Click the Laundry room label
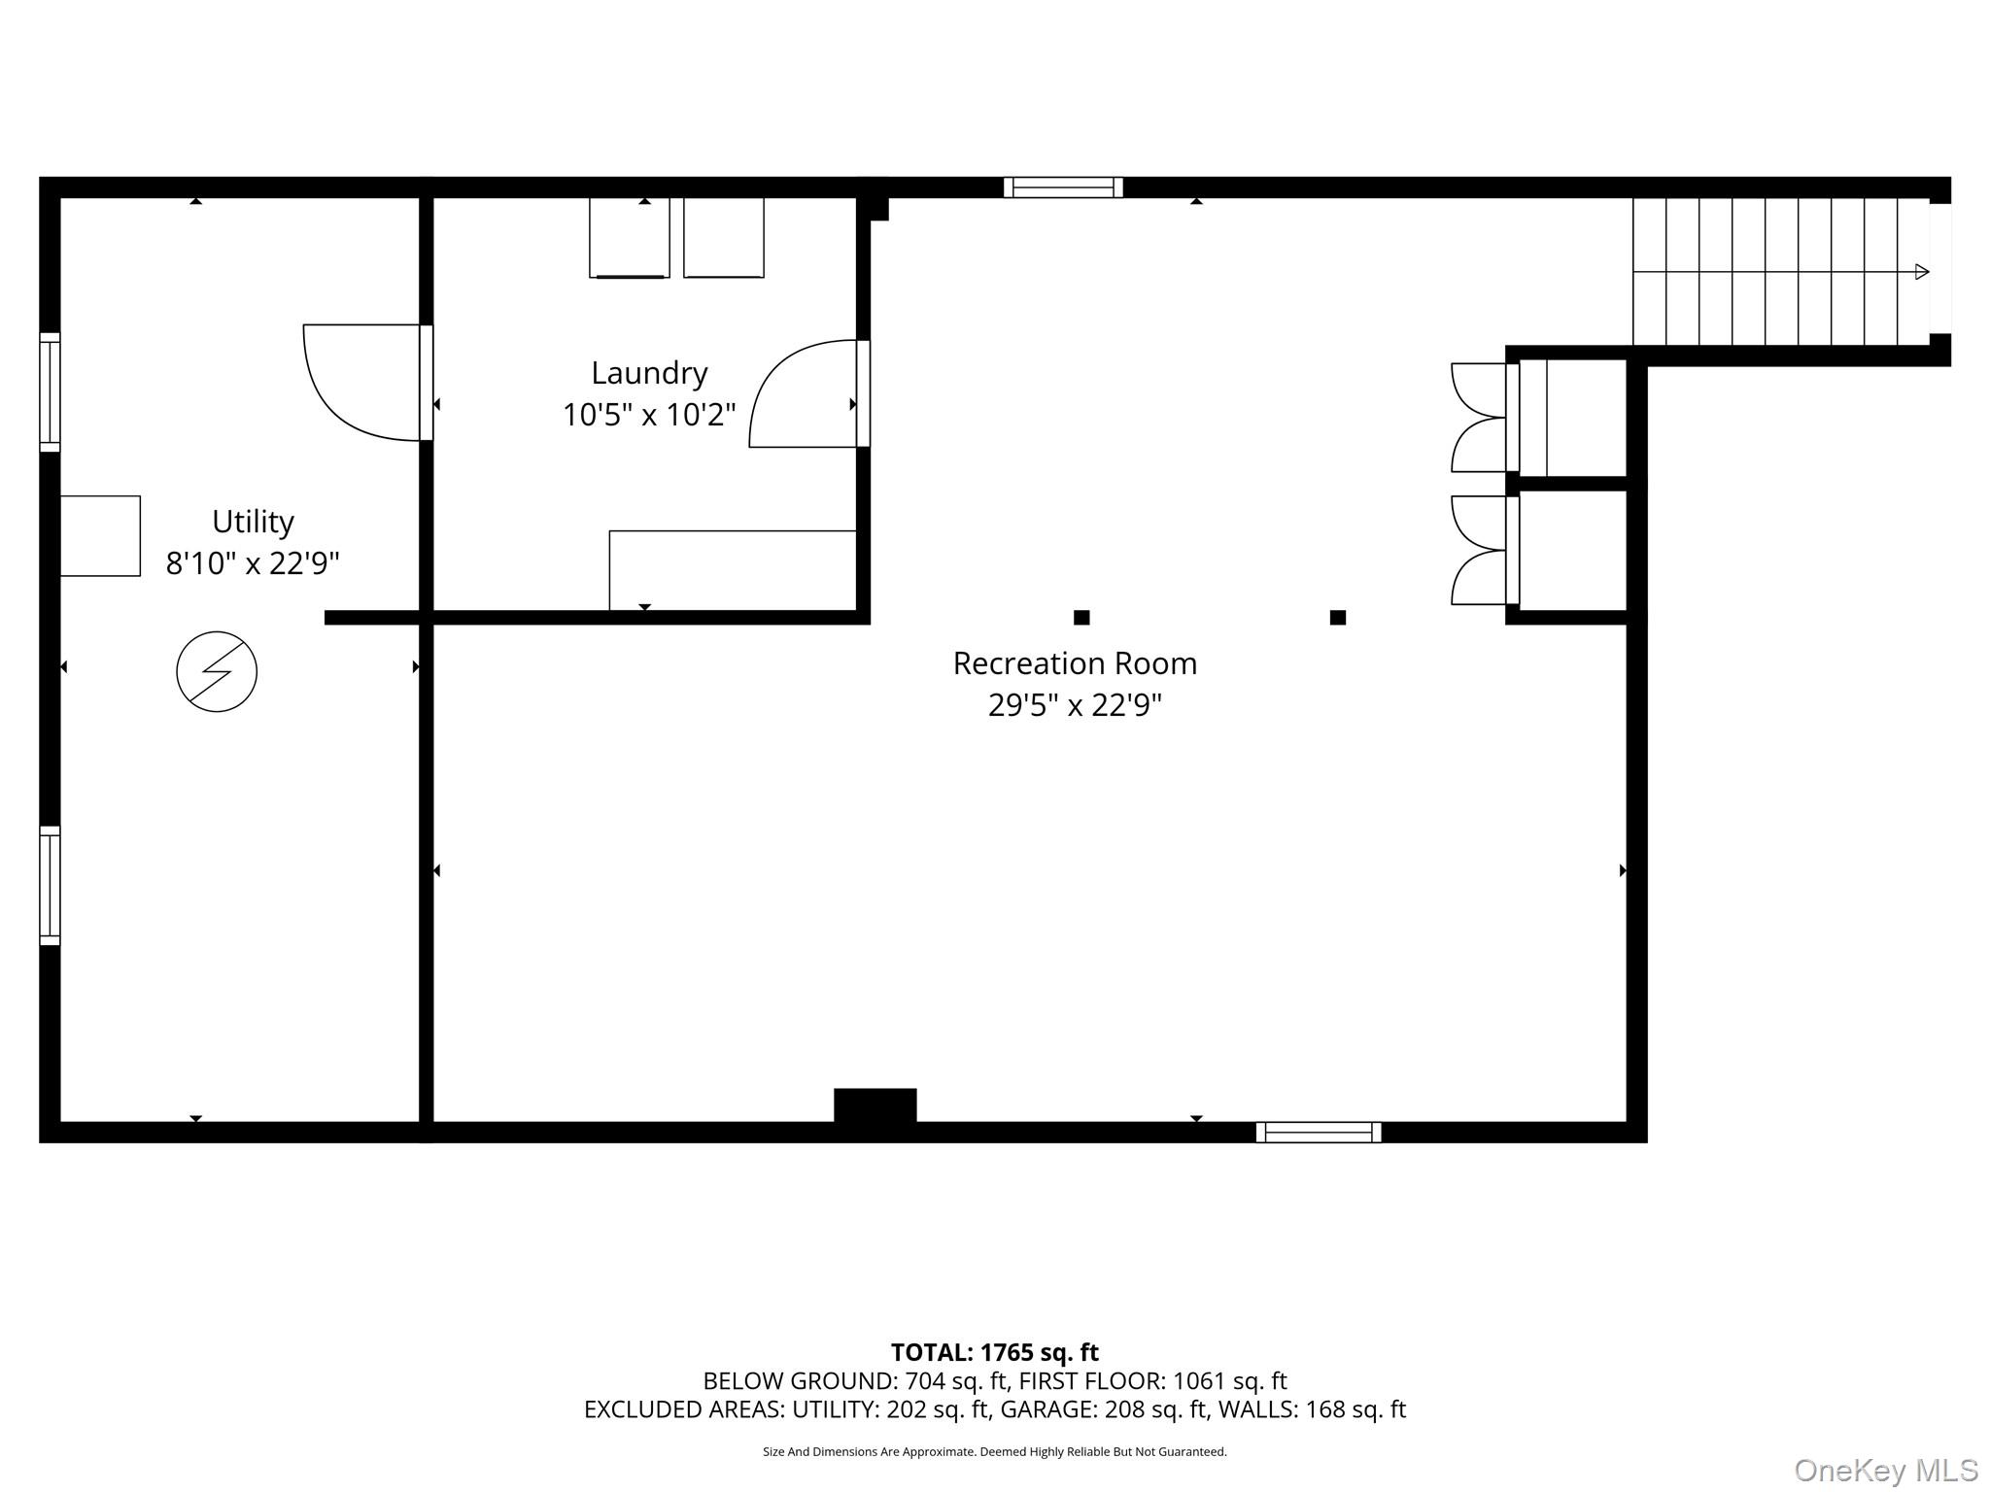[x=649, y=373]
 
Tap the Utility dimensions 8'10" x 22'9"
[x=253, y=563]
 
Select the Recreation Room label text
[x=1075, y=663]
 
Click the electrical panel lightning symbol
[x=217, y=671]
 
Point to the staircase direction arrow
[x=1921, y=272]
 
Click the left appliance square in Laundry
[x=629, y=237]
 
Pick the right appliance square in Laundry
[x=723, y=237]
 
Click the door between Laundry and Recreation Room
[x=805, y=394]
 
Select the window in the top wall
[x=1063, y=187]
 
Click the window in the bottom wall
[x=1318, y=1132]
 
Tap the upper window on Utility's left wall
[x=50, y=392]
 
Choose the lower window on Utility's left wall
[x=50, y=885]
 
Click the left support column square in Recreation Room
[x=1081, y=617]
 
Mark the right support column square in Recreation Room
[x=1337, y=617]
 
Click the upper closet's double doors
[x=1478, y=418]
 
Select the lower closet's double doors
[x=1478, y=551]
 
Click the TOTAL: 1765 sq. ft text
[x=994, y=1352]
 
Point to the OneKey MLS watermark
[x=1885, y=1471]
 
